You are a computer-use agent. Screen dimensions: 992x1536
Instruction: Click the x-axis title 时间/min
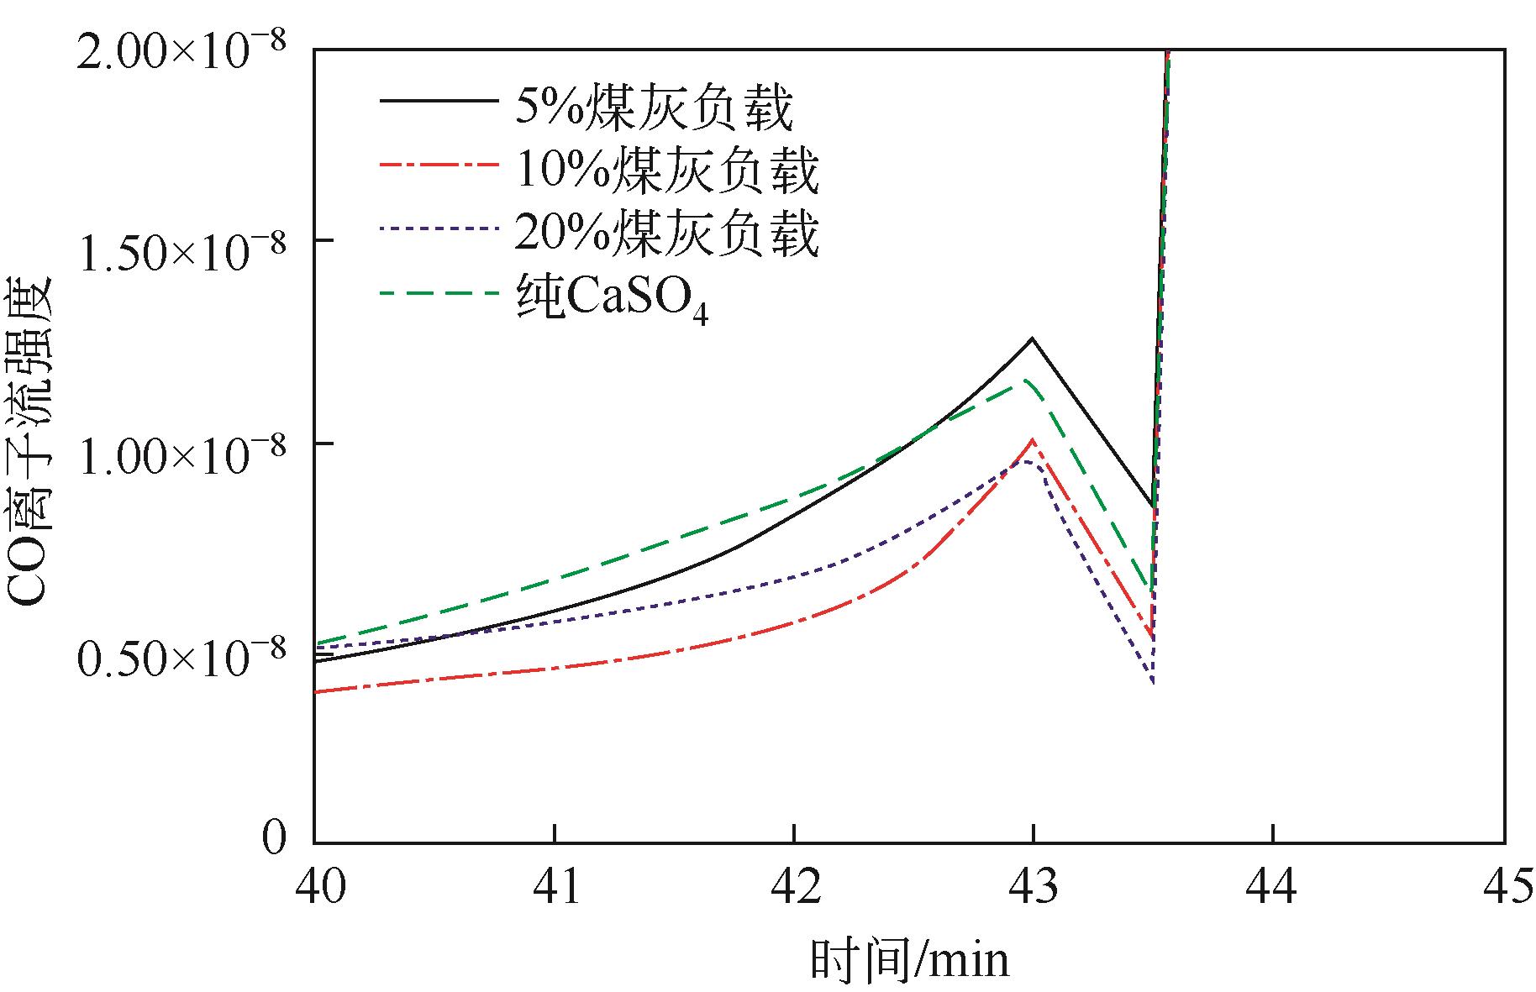[x=909, y=959]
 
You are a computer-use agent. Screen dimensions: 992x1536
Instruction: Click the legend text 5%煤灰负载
[x=654, y=107]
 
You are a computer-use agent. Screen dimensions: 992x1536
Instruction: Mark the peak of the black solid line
[x=1032, y=339]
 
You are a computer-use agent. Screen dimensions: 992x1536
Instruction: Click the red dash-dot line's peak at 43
[x=1032, y=440]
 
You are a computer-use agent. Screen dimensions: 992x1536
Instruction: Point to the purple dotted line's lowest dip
[x=1153, y=684]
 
